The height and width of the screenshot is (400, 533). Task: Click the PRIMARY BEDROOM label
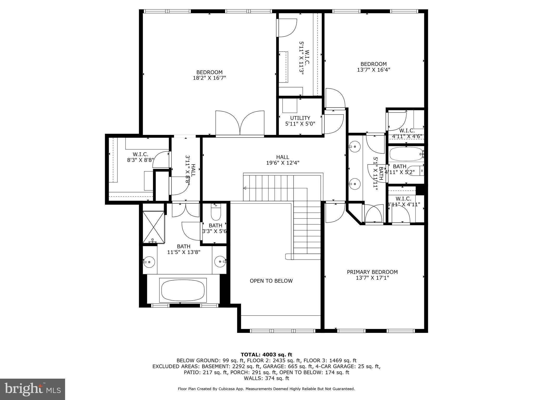(372, 272)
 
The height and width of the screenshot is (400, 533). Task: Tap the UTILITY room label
(300, 118)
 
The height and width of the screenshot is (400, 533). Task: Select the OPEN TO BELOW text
(271, 281)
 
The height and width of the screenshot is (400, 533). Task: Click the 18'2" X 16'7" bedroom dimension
(209, 78)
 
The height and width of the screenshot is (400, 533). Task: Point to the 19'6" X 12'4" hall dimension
(283, 163)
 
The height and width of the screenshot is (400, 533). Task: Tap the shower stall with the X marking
(154, 227)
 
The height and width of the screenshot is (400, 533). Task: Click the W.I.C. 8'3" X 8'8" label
(141, 157)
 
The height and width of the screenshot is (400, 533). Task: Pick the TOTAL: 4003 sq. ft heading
(266, 354)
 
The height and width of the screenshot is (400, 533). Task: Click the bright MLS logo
(33, 389)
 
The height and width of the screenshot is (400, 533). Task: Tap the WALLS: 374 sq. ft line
(266, 378)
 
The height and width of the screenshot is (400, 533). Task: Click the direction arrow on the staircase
(245, 188)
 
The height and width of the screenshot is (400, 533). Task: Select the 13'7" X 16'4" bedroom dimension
(373, 70)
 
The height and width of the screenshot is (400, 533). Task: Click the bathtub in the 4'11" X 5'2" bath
(405, 154)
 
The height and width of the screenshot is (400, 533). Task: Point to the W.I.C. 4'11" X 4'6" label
(407, 133)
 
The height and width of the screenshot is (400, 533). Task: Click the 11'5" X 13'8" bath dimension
(183, 252)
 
